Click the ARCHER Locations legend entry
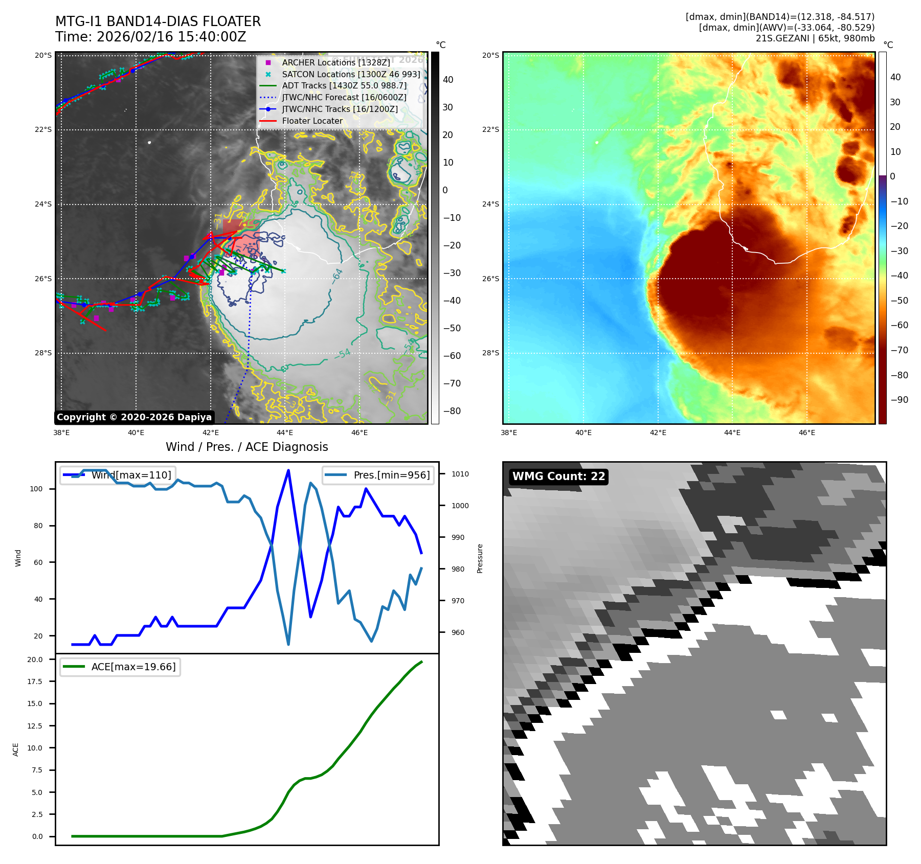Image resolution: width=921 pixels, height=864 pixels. pyautogui.click(x=335, y=62)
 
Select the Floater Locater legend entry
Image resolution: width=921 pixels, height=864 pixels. pyautogui.click(x=312, y=121)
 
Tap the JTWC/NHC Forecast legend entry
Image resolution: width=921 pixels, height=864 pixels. pyautogui.click(x=344, y=97)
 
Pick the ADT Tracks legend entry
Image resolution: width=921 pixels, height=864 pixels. pyautogui.click(x=344, y=85)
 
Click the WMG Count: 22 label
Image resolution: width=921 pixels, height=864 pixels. pyautogui.click(x=558, y=476)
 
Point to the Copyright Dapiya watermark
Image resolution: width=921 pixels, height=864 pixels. pyautogui.click(x=134, y=417)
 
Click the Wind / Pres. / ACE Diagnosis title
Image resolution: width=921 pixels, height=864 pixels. pyautogui.click(x=246, y=447)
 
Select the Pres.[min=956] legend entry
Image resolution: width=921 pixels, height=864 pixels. pyautogui.click(x=391, y=475)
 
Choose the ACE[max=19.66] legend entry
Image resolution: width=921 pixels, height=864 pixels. pyautogui.click(x=133, y=667)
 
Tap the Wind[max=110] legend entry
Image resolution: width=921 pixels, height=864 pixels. pyautogui.click(x=131, y=475)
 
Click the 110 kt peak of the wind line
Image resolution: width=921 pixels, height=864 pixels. pyautogui.click(x=288, y=470)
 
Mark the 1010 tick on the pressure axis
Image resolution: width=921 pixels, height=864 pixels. pyautogui.click(x=460, y=474)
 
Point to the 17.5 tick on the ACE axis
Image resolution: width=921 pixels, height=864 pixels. pyautogui.click(x=35, y=681)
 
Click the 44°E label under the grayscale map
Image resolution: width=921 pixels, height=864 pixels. pyautogui.click(x=285, y=433)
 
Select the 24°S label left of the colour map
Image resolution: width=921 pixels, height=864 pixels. pyautogui.click(x=490, y=204)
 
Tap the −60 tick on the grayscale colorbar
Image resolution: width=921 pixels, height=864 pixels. pyautogui.click(x=452, y=356)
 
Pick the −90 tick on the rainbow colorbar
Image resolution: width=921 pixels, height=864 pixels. pyautogui.click(x=898, y=400)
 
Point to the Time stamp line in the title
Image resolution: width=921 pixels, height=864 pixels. pyautogui.click(x=151, y=37)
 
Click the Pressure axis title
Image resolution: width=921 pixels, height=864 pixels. pyautogui.click(x=480, y=558)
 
